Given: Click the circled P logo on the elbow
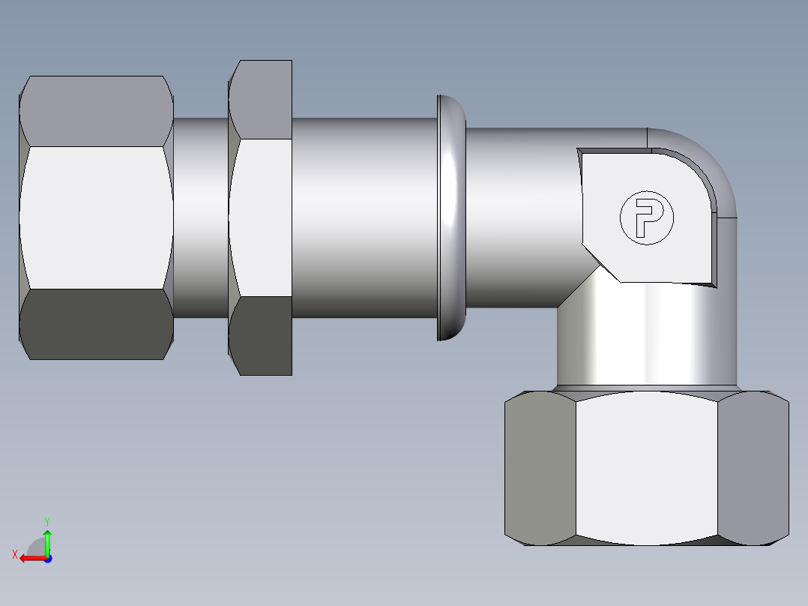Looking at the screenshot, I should [646, 217].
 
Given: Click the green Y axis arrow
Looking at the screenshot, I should [47, 537].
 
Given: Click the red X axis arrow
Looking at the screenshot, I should [28, 557].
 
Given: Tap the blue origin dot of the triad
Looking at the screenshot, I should [47, 558].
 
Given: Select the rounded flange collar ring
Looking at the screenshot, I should [450, 217].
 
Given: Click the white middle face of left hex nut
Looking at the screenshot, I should [96, 217].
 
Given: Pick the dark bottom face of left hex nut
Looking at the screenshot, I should [96, 324].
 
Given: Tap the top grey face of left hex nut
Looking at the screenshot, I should [96, 111].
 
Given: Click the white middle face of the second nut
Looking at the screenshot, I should [261, 217].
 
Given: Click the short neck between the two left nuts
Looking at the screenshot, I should [200, 217].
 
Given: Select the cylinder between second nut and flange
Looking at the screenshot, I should [364, 217].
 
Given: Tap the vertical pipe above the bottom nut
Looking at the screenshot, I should [646, 337].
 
